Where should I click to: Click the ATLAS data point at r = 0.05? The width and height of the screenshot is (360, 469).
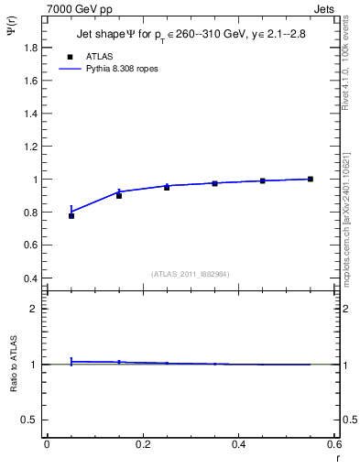[71, 216]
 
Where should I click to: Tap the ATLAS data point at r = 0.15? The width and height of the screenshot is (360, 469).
[119, 196]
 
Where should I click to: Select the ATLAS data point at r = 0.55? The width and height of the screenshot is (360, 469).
[311, 179]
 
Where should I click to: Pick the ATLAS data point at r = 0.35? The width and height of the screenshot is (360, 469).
[215, 183]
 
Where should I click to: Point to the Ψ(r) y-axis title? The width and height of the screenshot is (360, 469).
[12, 34]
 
